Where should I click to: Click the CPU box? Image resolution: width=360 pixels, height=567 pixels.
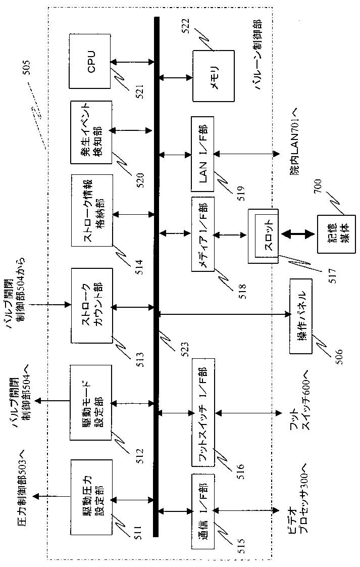coord(89,61)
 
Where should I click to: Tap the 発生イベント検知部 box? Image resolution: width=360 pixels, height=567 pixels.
coord(91,132)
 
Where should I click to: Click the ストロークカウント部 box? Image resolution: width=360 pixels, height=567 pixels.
coord(92,306)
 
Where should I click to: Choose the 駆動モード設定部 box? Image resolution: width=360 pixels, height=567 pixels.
coord(91,402)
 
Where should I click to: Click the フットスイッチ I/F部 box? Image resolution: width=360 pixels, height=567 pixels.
coord(203,412)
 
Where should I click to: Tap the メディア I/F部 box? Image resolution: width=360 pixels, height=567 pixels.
coord(203,234)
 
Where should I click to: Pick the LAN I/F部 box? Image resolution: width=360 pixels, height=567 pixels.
coord(203,154)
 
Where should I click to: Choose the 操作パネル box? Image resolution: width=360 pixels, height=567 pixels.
coord(301,316)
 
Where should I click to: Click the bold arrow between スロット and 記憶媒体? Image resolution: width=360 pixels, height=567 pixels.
coord(298,234)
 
